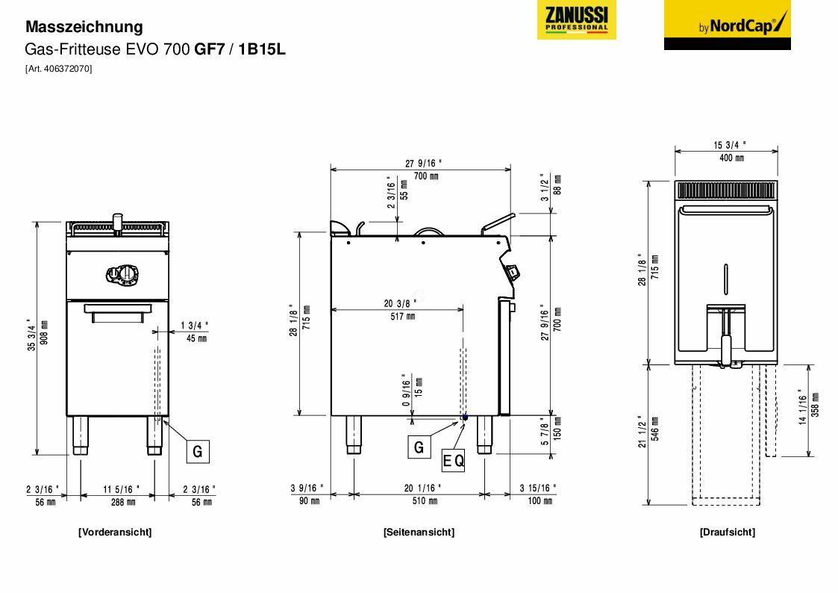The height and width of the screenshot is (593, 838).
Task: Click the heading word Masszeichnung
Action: pos(84,27)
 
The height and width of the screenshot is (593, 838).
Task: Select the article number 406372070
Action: pos(59,69)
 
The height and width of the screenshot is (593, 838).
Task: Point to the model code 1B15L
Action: pos(262,49)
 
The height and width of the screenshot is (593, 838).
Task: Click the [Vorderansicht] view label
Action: pos(114,532)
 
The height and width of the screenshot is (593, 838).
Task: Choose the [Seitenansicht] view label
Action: pos(418,532)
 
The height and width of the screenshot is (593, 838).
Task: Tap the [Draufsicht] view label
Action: pos(727,532)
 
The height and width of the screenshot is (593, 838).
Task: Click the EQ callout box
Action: pos(454,461)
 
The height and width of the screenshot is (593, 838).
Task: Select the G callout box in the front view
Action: pos(197,451)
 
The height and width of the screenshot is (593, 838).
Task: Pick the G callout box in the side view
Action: pos(419,447)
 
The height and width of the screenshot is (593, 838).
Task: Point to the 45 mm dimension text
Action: pos(196,338)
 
